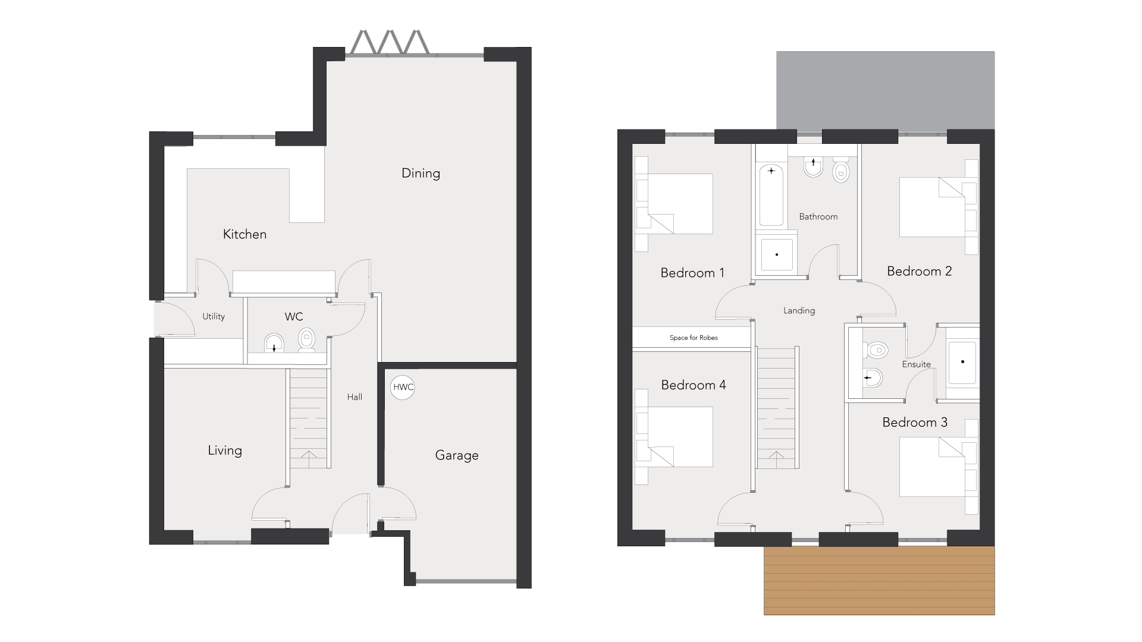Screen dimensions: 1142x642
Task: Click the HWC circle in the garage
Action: tap(403, 387)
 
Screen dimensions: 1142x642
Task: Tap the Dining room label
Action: tap(421, 174)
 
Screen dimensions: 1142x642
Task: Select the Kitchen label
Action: tap(244, 234)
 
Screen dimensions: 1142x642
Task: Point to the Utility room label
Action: tap(214, 317)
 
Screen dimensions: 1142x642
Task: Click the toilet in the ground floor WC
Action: tap(306, 340)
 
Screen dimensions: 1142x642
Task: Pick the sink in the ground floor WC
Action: tap(273, 342)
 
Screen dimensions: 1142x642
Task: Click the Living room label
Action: tap(225, 451)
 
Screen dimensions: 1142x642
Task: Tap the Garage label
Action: tap(457, 455)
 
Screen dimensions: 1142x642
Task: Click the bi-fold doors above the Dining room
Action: tap(390, 42)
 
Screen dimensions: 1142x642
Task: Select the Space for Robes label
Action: tap(694, 338)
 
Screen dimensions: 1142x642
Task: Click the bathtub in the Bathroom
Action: tap(771, 196)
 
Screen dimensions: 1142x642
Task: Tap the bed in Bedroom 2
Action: tap(931, 207)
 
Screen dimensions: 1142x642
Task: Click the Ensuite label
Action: tap(917, 364)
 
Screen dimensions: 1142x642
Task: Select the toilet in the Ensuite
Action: tap(875, 350)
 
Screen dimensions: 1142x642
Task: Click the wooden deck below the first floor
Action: tap(879, 580)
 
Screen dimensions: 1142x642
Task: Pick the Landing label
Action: tap(799, 310)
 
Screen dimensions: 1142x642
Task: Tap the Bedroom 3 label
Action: tap(915, 423)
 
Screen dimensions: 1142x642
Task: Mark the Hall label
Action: tap(354, 397)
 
